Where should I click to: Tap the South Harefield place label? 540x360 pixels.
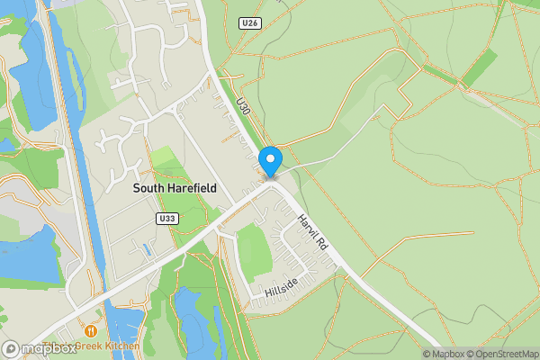click(x=175, y=188)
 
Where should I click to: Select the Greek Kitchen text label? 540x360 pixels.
click(x=108, y=346)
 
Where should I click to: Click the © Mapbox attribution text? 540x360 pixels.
click(x=441, y=354)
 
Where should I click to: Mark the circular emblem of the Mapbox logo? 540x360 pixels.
click(x=12, y=348)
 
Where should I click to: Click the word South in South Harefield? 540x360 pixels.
click(x=149, y=188)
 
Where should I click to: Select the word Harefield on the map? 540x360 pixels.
click(x=192, y=188)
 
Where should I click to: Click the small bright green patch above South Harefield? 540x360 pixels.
click(x=165, y=157)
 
